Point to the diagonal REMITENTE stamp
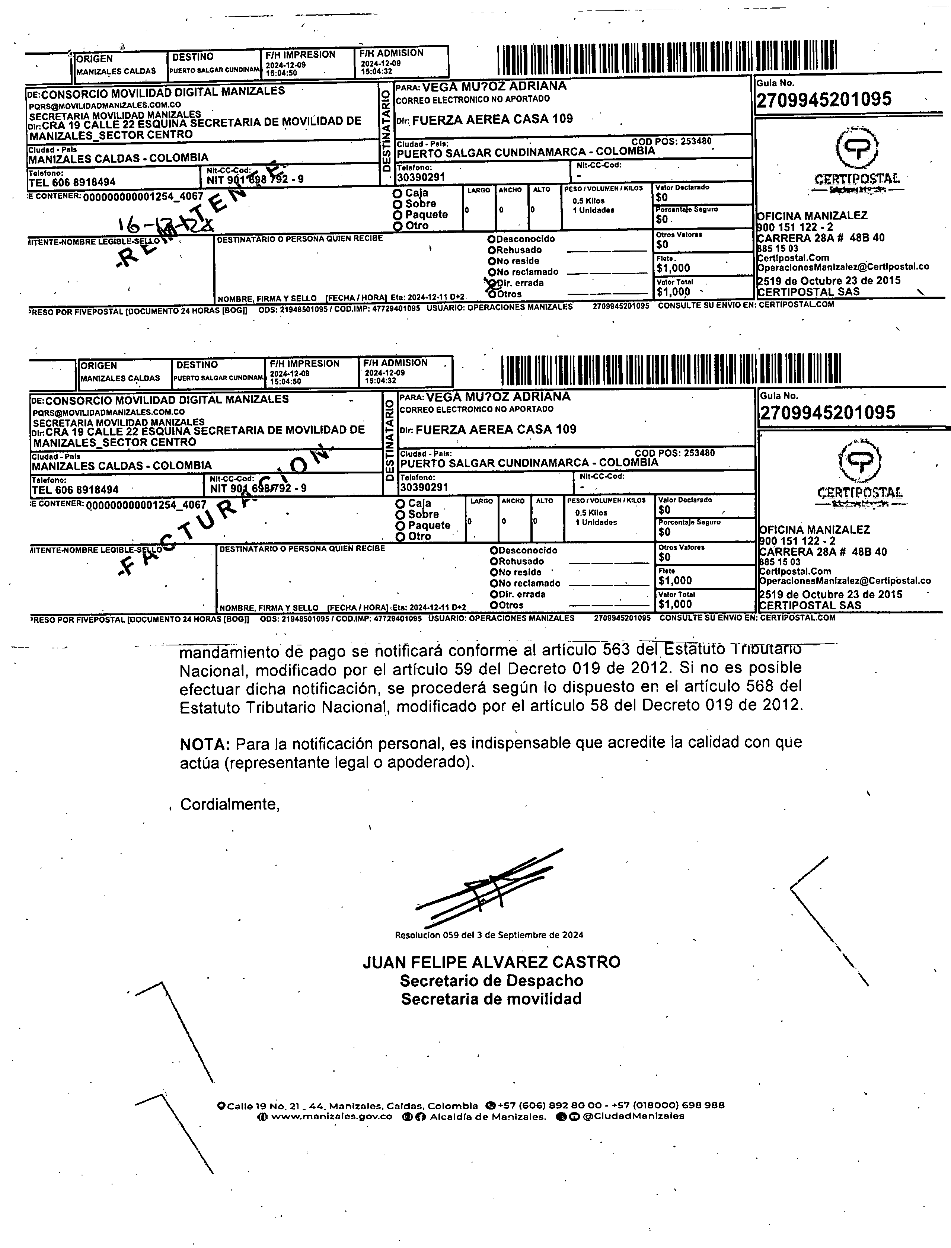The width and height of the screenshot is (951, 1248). tap(204, 215)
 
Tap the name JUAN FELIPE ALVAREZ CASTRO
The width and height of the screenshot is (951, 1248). tap(491, 962)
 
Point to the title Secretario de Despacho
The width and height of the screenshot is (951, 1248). tap(491, 980)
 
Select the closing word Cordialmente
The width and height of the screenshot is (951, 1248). tap(230, 804)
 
